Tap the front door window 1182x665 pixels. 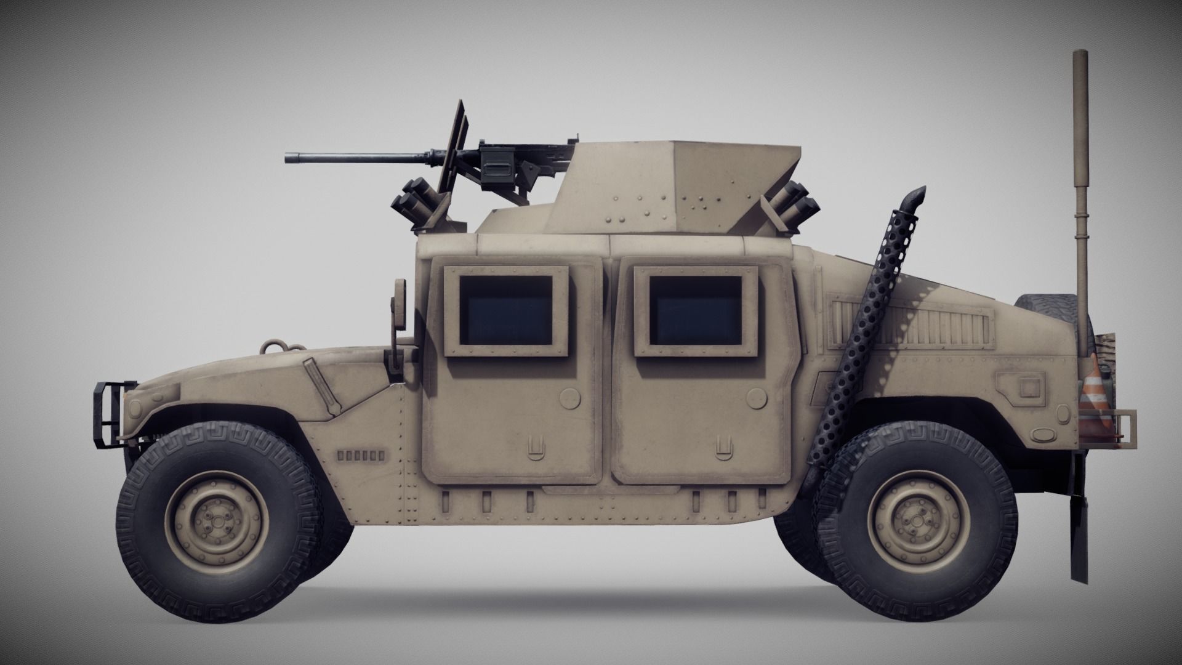point(506,311)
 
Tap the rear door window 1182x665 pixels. point(696,310)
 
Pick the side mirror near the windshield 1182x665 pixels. point(400,304)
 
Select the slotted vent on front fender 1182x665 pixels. point(360,456)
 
